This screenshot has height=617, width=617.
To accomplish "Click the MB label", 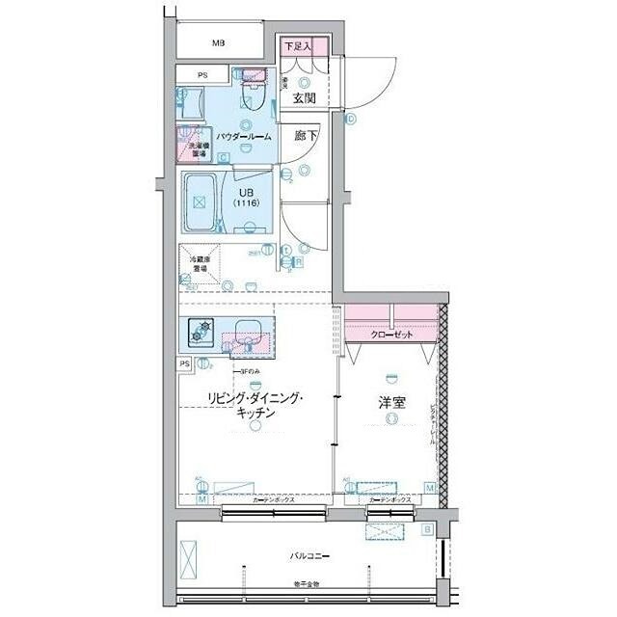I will tap(219, 43).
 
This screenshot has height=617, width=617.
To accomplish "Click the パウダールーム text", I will tap(244, 137).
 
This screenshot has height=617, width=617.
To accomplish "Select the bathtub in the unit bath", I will tap(200, 203).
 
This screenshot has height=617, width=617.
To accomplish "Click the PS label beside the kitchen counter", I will tap(184, 363).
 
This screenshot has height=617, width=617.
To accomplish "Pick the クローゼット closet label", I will tap(391, 335).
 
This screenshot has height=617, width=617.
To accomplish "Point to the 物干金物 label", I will tap(308, 585).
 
